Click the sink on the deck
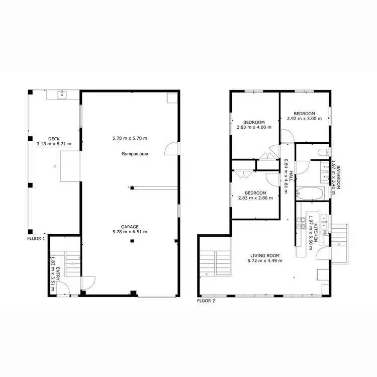tap(62, 94)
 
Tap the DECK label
tap(54, 139)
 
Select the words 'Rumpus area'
tap(134, 153)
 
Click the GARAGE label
tap(129, 227)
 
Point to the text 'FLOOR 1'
tap(36, 239)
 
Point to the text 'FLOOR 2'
tap(206, 301)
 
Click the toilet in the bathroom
tap(323, 151)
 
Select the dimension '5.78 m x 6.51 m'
tap(130, 232)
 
